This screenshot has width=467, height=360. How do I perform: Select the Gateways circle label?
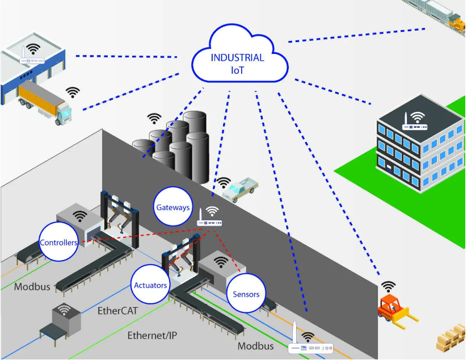(x=173, y=207)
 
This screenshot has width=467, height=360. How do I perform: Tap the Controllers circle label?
(x=58, y=242)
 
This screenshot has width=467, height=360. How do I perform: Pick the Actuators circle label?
(x=150, y=284)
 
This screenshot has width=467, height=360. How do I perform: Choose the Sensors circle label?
(x=246, y=294)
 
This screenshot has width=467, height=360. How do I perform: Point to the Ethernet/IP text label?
(x=152, y=336)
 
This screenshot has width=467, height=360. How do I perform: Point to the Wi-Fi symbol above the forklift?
(x=389, y=286)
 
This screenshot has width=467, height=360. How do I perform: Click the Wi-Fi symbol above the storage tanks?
(x=154, y=118)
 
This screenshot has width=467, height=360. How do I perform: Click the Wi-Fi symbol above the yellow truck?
(x=72, y=91)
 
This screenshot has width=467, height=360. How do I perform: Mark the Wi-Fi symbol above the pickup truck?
(x=224, y=182)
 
